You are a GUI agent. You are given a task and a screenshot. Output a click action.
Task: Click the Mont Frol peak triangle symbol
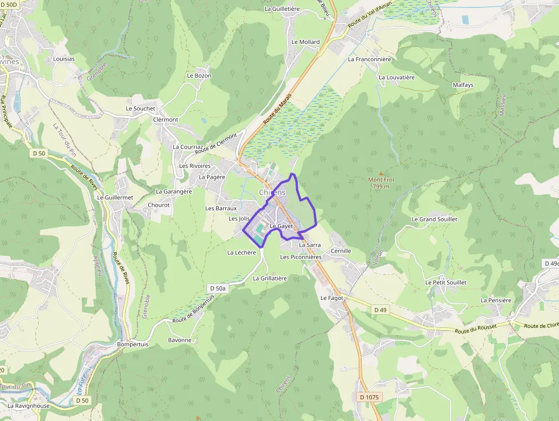[381, 173]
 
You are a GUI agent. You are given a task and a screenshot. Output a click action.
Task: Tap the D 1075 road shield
[370, 397]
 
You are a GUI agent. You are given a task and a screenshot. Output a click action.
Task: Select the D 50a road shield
[218, 288]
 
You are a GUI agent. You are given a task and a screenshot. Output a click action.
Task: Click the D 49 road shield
[380, 310]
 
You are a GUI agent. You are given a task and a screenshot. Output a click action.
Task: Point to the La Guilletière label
[282, 9]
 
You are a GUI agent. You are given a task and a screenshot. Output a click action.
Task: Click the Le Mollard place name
[305, 42]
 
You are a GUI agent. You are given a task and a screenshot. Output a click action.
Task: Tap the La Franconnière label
[370, 59]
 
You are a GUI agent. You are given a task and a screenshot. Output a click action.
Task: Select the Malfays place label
[463, 85]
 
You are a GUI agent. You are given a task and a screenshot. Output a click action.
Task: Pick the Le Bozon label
[199, 75]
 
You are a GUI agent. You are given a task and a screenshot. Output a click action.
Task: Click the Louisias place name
[64, 59]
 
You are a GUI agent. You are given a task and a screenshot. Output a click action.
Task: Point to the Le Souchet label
[140, 108]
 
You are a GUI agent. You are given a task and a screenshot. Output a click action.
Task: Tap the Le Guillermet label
[115, 197]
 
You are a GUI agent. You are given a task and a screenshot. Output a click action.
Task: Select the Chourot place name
[159, 205]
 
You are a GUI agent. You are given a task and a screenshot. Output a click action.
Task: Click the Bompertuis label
[132, 344]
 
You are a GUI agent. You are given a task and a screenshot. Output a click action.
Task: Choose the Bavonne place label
[180, 340]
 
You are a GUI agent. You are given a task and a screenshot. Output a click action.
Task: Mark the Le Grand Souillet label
[434, 219]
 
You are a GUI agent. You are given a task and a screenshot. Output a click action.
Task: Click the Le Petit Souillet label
[445, 282]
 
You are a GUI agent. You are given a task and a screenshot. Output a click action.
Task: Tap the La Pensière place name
[496, 300]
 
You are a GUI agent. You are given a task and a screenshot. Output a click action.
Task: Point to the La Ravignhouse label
[29, 406]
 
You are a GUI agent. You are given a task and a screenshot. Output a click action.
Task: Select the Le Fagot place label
[331, 298]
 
